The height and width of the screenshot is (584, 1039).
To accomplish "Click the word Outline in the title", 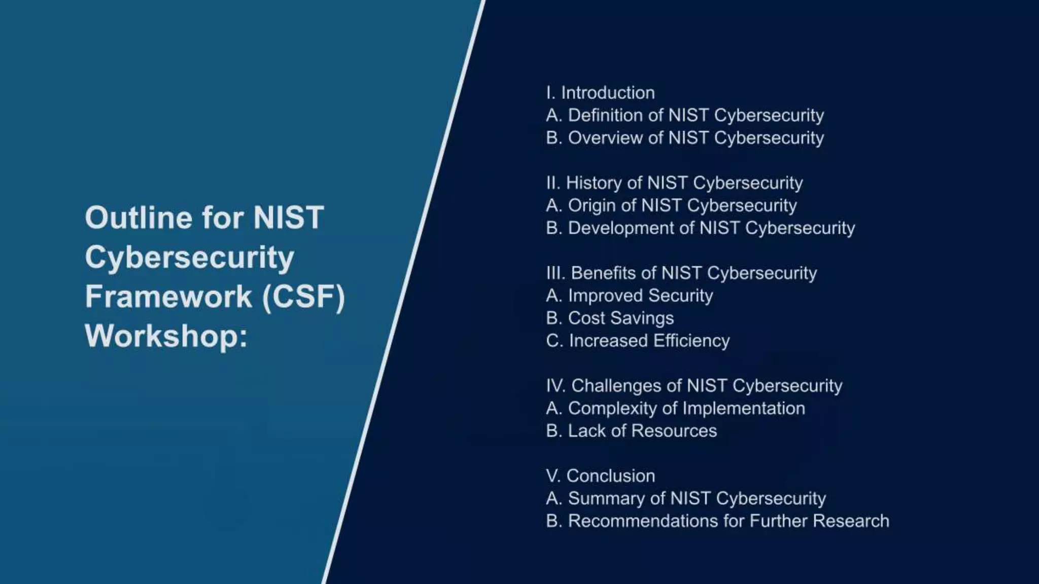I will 138,218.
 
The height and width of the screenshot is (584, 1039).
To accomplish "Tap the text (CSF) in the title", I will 303,297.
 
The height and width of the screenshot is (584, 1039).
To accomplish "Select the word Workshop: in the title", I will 166,336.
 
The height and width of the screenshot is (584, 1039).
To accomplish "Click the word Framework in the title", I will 168,297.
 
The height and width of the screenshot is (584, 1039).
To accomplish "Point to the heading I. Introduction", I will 600,93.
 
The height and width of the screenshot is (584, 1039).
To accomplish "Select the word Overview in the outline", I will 605,138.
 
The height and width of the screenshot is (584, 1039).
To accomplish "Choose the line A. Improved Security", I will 629,296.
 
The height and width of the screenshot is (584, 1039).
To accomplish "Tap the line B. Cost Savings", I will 610,318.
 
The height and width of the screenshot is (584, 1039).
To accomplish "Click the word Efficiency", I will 691,341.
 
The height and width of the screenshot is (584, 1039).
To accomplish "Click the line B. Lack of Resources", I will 631,431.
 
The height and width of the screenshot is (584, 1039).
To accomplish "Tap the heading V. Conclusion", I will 600,476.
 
